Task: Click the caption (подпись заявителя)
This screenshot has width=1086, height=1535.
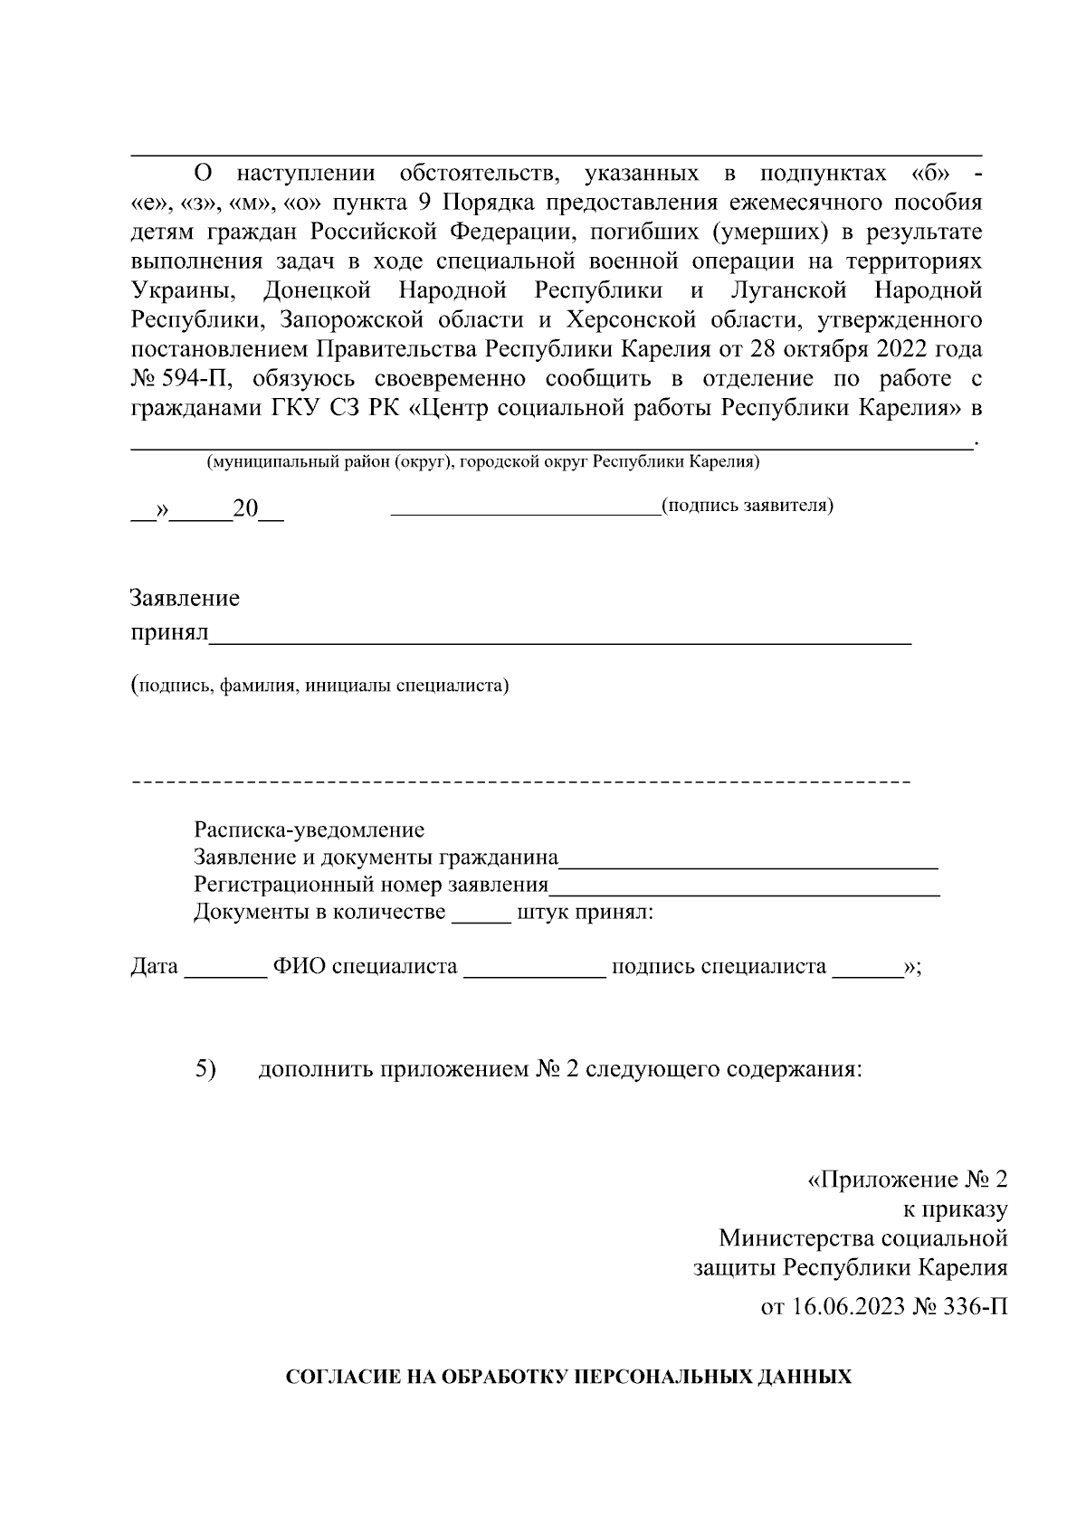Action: click(x=748, y=506)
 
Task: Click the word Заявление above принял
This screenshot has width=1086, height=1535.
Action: click(x=186, y=599)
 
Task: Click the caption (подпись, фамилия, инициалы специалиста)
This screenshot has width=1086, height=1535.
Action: click(x=320, y=686)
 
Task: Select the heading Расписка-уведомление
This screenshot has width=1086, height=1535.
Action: click(x=309, y=829)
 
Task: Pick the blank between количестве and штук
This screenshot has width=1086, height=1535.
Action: click(x=481, y=919)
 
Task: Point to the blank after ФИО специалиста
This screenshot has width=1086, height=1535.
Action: click(x=534, y=974)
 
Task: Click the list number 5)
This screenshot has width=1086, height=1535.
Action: click(x=205, y=1069)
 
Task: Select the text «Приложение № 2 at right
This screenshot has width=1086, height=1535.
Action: click(x=906, y=1180)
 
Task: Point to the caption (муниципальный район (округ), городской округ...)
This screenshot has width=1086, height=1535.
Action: click(x=482, y=463)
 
